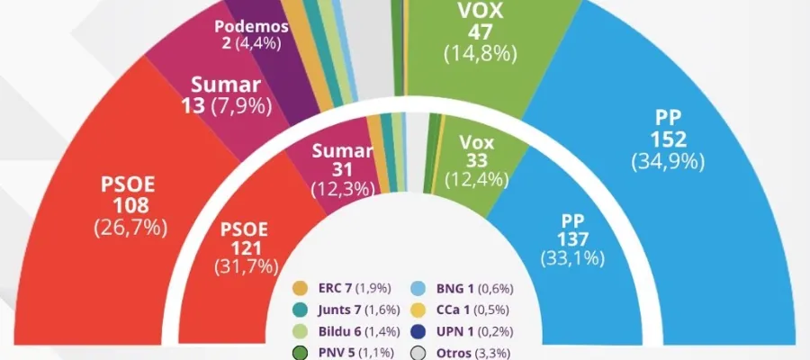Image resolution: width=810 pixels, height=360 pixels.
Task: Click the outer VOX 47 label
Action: pyautogui.click(x=480, y=32)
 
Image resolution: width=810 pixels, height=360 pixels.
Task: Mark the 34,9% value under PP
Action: pyautogui.click(x=667, y=162)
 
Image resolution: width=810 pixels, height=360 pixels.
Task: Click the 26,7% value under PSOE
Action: pyautogui.click(x=131, y=227)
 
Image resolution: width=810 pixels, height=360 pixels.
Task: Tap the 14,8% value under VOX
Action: pyautogui.click(x=480, y=54)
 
